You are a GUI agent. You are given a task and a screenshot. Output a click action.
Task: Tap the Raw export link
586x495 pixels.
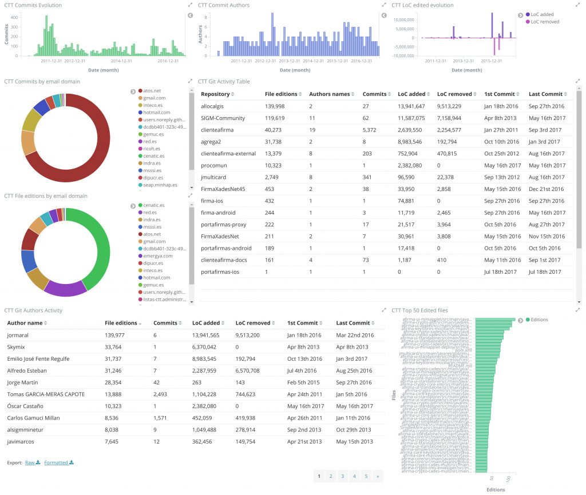point(30,462)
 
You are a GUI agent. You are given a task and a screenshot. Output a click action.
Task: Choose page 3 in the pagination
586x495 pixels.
point(342,476)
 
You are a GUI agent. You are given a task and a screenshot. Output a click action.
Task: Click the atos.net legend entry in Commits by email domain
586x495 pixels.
point(152,90)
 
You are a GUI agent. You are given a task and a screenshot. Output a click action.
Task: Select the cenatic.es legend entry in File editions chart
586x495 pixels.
point(153,205)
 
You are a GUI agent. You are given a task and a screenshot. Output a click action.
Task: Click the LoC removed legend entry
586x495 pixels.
point(544,22)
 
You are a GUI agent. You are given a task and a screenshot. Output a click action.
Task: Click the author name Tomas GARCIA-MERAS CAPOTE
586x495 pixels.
point(46,394)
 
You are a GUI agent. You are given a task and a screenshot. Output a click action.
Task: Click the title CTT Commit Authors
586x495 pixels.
point(224,5)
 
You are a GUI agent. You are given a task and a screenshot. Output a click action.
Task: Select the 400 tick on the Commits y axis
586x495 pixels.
point(14,17)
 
